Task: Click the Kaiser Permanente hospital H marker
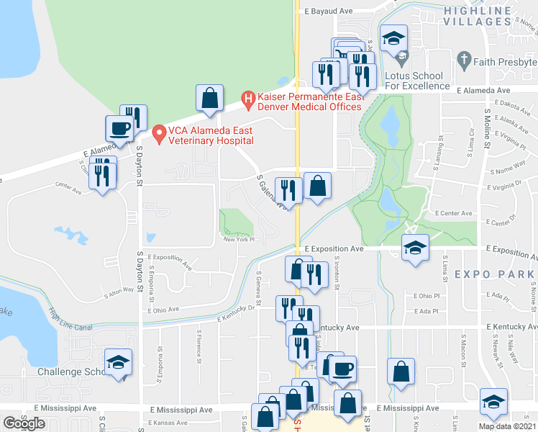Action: tap(248, 97)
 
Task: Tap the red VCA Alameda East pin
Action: tap(160, 132)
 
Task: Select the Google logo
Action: tap(24, 423)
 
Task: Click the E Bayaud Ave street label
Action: tap(328, 12)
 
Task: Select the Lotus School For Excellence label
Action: tap(418, 81)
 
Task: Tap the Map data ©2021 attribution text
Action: tap(507, 426)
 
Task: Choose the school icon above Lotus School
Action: tap(393, 39)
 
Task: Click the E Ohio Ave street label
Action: tap(164, 310)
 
